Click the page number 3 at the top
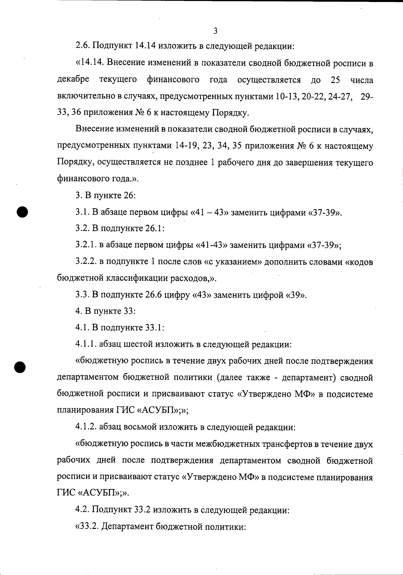click(215, 31)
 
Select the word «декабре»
click(73, 80)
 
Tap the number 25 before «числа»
click(335, 80)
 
